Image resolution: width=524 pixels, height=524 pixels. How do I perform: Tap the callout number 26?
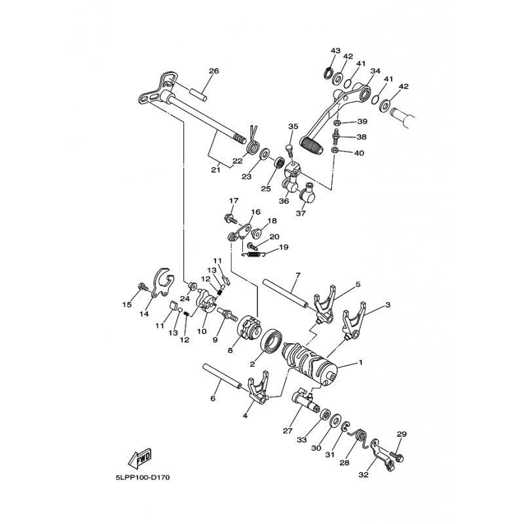coord(214,71)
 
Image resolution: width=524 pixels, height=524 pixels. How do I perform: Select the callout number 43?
coord(335,50)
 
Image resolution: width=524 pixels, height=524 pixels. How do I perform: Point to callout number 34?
coord(375,71)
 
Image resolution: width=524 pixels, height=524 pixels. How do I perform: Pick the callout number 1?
coord(359,362)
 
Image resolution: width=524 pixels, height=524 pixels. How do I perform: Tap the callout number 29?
coord(402,434)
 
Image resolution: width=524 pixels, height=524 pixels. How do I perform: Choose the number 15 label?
coord(127,305)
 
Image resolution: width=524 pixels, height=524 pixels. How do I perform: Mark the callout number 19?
coord(284,248)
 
